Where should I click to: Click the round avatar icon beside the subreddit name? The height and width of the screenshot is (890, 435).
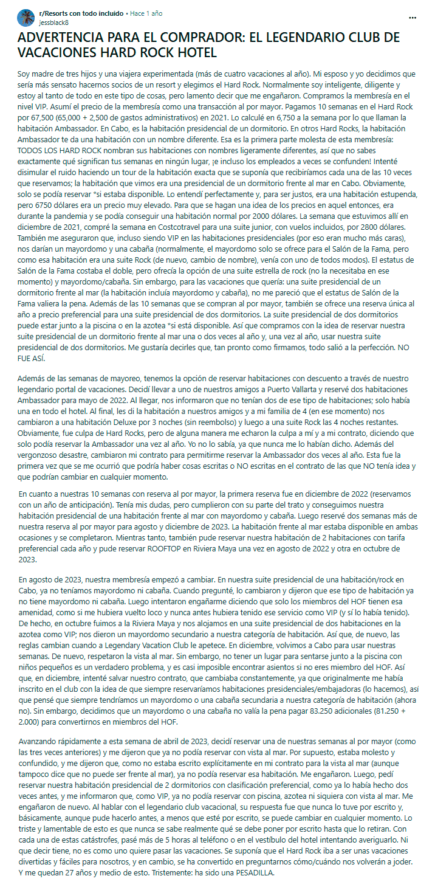(x=26, y=17)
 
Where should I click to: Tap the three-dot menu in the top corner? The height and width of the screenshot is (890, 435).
(x=413, y=18)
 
